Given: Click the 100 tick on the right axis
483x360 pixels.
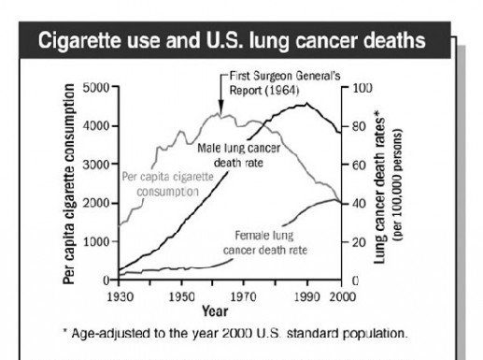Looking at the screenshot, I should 360,87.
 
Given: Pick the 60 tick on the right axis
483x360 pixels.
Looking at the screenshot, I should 357,165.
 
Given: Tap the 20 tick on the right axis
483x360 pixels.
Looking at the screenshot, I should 357,242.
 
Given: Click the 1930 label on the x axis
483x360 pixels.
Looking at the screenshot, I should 120,296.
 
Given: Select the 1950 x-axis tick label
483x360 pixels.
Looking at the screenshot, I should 181,296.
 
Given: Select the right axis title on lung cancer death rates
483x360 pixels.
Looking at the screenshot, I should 387,184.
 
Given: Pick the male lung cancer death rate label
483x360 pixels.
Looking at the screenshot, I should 232,155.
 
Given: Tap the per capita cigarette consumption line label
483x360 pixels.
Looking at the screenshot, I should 161,183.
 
